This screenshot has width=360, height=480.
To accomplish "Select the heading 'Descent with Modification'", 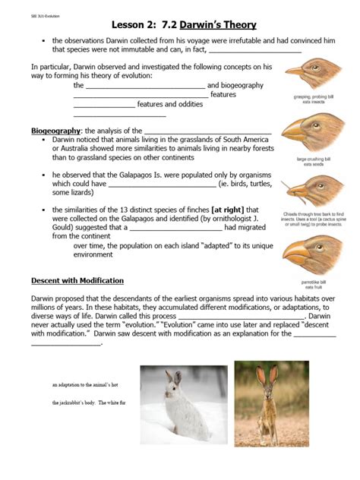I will coord(77,280).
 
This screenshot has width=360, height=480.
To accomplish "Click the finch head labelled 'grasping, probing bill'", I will coord(308,75).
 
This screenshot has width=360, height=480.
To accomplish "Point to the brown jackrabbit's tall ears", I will coord(266,377).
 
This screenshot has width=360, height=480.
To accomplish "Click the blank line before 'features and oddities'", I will coord(104,104).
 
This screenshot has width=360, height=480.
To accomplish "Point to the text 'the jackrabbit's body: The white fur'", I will coord(93,403).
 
